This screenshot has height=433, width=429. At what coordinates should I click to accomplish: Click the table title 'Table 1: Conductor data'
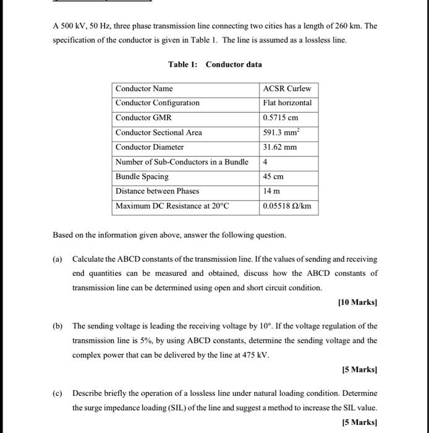click(x=214, y=64)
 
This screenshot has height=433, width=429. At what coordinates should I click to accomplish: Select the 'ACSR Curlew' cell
click(x=287, y=88)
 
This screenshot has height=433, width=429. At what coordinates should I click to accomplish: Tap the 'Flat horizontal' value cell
click(x=287, y=103)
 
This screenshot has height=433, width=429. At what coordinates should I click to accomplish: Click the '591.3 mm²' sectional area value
click(x=281, y=132)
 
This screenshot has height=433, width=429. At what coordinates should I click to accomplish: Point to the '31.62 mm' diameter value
click(x=280, y=147)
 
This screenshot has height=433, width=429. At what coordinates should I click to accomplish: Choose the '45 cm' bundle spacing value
click(x=273, y=176)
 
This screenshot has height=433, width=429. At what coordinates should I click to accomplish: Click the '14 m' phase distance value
click(x=271, y=191)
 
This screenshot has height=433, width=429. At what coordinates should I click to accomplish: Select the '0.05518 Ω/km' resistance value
click(x=287, y=206)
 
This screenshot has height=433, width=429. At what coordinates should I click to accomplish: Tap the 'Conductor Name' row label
click(x=144, y=88)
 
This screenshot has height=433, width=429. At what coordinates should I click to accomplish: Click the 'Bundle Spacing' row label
click(x=142, y=176)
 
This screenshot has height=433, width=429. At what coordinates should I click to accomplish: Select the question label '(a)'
click(x=59, y=259)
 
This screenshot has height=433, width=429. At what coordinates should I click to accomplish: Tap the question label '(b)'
click(x=59, y=326)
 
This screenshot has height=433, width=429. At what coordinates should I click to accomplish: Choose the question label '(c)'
click(x=59, y=393)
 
